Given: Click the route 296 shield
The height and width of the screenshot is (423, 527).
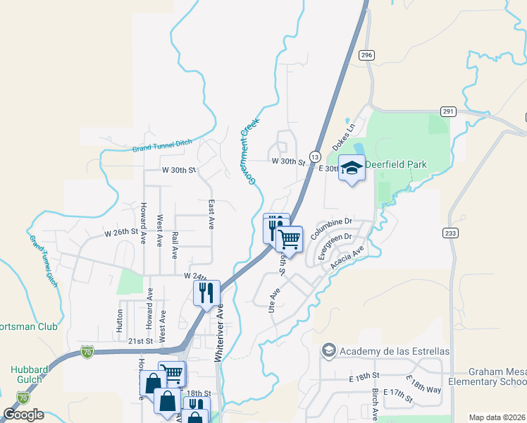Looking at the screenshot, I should [366, 55].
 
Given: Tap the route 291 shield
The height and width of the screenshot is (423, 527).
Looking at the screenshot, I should [448, 111].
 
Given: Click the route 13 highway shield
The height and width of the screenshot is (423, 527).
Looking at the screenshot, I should [315, 156].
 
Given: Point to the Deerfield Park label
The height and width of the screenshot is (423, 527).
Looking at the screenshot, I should [396, 164].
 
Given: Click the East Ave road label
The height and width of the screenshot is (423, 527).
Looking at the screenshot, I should [211, 214].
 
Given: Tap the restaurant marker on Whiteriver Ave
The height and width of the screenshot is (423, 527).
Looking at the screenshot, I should [206, 293].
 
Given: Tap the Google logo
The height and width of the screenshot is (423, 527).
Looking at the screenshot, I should [24, 415].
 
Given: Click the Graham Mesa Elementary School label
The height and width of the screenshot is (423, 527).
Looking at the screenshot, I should [497, 377].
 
